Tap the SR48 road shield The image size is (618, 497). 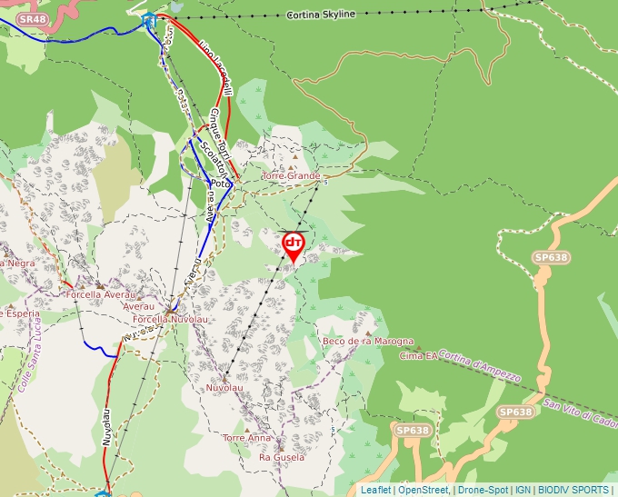pos(31,18)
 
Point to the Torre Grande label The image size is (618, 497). pos(291,175)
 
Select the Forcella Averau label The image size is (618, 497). pos(101,294)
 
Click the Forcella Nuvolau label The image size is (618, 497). pos(164,320)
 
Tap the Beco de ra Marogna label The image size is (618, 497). pos(368,342)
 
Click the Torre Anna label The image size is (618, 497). pos(246,437)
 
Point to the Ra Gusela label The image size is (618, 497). pos(282,457)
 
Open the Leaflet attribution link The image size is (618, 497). pos(376,490)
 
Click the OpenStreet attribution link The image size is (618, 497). pos(424,490)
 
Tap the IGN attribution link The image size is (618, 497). pos(523,490)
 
